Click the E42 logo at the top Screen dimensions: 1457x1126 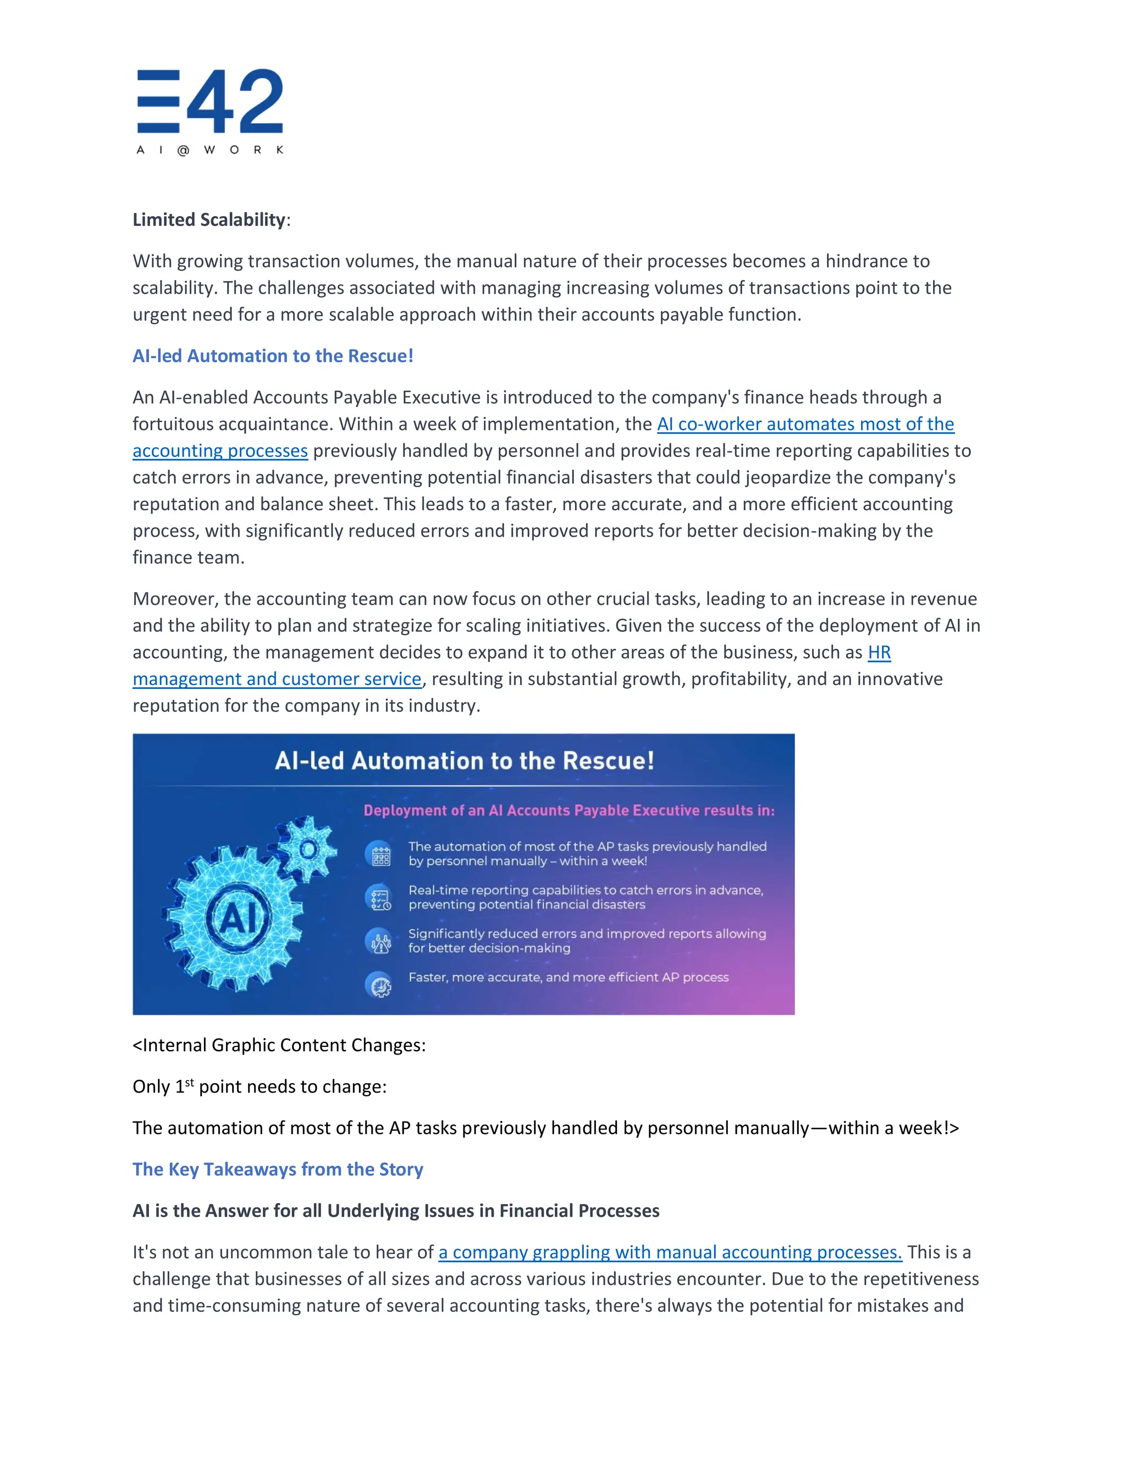pyautogui.click(x=210, y=111)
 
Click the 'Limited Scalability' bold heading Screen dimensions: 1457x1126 pyautogui.click(x=209, y=219)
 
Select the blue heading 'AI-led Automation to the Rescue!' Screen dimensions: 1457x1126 pyautogui.click(x=273, y=356)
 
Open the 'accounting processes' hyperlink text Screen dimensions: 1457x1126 pyautogui.click(x=220, y=451)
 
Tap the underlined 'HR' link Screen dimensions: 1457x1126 pyautogui.click(x=879, y=653)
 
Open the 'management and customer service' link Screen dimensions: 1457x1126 pyautogui.click(x=277, y=679)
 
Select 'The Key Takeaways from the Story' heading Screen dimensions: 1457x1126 pyautogui.click(x=278, y=1169)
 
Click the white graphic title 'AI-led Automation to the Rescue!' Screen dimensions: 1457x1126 pyautogui.click(x=464, y=761)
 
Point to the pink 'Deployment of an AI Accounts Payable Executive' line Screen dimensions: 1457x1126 pyautogui.click(x=568, y=810)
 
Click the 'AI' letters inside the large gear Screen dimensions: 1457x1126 pyautogui.click(x=238, y=919)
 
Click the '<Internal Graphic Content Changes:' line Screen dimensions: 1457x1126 pyautogui.click(x=279, y=1045)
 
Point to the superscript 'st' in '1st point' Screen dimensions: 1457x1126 pyautogui.click(x=190, y=1082)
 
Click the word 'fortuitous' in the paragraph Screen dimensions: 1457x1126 pyautogui.click(x=175, y=424)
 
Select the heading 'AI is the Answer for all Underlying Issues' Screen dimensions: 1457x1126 pyautogui.click(x=395, y=1211)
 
